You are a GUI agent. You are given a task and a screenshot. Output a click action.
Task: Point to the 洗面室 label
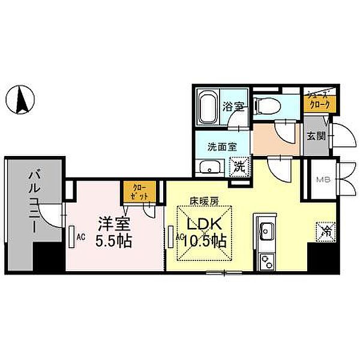(222, 146)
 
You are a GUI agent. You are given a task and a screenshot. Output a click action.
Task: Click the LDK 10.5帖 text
(206, 233)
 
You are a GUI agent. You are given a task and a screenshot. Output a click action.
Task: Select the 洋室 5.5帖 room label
(115, 233)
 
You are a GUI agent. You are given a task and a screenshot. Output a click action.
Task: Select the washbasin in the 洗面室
(209, 167)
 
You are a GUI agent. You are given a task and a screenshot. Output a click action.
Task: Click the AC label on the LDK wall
(179, 237)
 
